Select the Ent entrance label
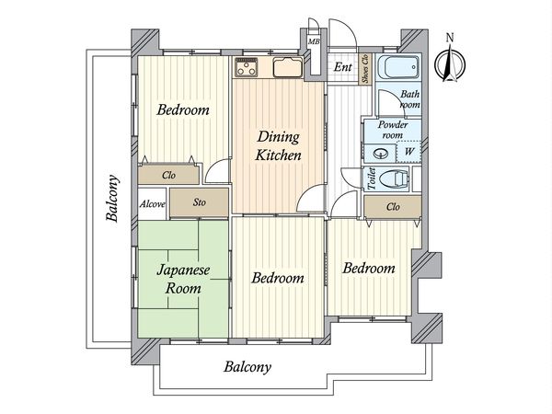coord(342,67)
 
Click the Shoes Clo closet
coord(365,71)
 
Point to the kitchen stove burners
coord(247,68)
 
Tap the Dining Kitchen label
coord(278,147)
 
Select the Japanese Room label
coord(182,280)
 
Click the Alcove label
coord(153,203)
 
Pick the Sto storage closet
coord(199,203)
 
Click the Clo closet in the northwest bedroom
coord(169,174)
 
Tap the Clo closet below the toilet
coord(394,207)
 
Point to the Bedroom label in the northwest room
coord(182,110)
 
